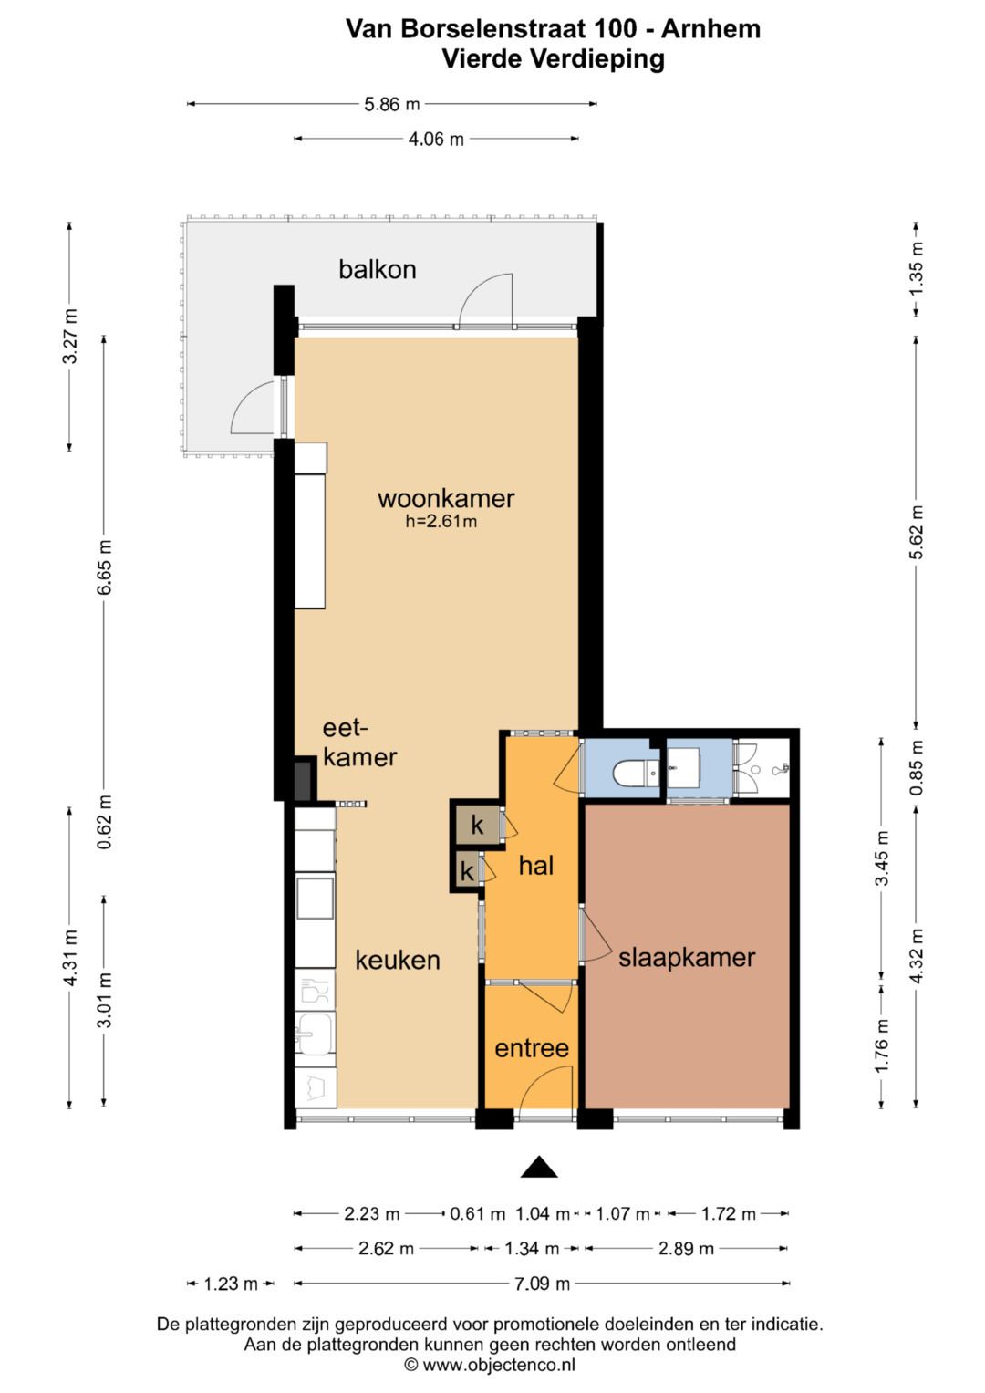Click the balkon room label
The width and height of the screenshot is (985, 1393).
(x=377, y=269)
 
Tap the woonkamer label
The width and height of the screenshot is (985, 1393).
(x=446, y=498)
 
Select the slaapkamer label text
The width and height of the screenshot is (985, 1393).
(x=687, y=957)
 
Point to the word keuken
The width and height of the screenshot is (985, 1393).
(x=398, y=961)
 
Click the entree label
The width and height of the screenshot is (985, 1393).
(x=532, y=1048)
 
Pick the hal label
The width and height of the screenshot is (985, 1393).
(x=536, y=865)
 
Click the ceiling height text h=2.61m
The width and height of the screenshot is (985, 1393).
(x=441, y=521)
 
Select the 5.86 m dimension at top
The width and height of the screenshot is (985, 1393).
(x=392, y=104)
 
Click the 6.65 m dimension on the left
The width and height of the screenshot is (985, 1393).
(x=104, y=567)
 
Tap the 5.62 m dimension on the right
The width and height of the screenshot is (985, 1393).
(x=916, y=532)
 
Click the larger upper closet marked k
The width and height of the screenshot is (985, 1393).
(x=478, y=826)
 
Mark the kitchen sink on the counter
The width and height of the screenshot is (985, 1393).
(x=316, y=1034)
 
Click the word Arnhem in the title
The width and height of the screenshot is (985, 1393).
(x=710, y=29)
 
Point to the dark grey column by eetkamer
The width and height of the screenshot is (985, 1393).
(x=303, y=779)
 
